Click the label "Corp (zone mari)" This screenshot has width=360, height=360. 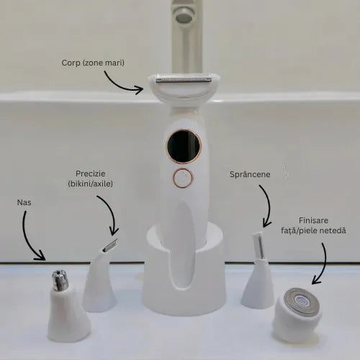pyautogui.click(x=93, y=63)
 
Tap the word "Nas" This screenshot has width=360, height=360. pyautogui.click(x=24, y=202)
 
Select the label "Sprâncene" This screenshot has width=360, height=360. pyautogui.click(x=250, y=174)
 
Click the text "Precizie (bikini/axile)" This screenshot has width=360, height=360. pyautogui.click(x=90, y=179)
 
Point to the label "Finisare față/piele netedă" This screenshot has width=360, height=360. pyautogui.click(x=313, y=225)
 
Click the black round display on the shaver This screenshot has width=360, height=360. pyautogui.click(x=184, y=147)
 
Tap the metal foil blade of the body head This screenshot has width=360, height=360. pyautogui.click(x=184, y=79)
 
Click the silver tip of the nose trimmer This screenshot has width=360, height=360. pyautogui.click(x=60, y=280)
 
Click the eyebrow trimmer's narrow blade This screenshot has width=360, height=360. pyautogui.click(x=258, y=245)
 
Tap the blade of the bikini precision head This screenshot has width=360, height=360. pyautogui.click(x=110, y=246)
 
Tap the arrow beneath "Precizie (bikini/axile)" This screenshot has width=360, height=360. pyautogui.click(x=111, y=211)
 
